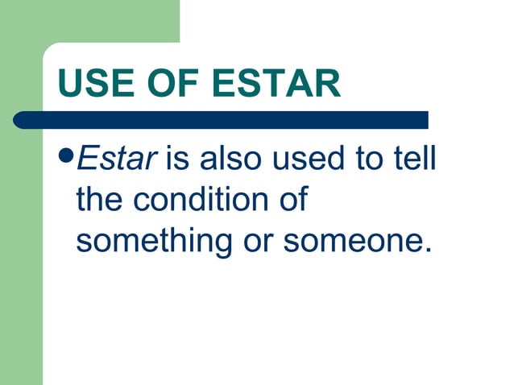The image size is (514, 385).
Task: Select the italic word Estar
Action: coord(114,159)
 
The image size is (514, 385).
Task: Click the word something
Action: coord(151,241)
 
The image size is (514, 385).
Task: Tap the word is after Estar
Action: coord(177,159)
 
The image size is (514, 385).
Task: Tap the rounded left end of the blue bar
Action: coord(21,120)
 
